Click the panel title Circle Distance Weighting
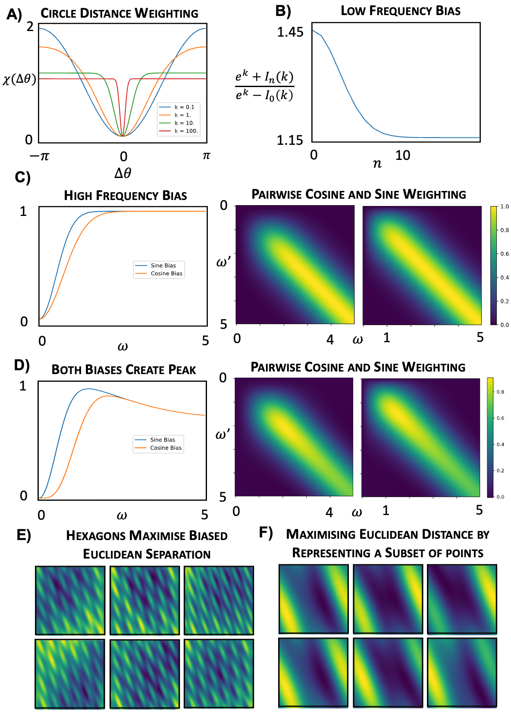[119, 13]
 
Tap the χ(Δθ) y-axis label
[19, 79]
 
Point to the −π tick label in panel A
[39, 156]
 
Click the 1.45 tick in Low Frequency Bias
[290, 32]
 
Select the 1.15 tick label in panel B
[290, 141]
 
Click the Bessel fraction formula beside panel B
[264, 85]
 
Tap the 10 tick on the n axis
[402, 156]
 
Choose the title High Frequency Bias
[125, 196]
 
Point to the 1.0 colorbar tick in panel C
[504, 207]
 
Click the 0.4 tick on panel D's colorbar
[500, 444]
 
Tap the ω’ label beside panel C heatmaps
[223, 262]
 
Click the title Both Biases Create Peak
[123, 370]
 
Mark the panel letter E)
[24, 535]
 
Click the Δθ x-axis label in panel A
[123, 173]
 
